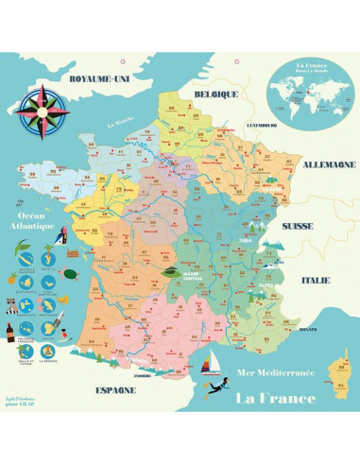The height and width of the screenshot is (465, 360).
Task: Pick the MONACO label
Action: coord(305,330)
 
